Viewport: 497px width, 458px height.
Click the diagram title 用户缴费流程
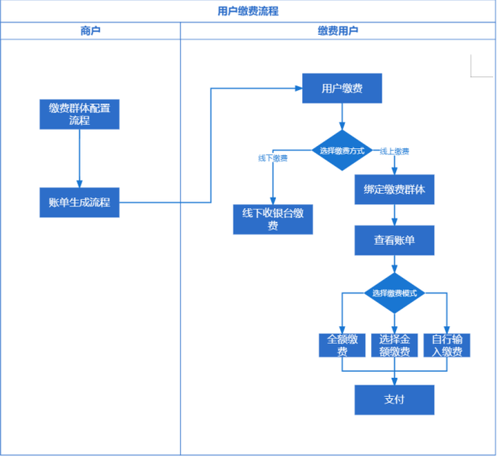pyautogui.click(x=248, y=11)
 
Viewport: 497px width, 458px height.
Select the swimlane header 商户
pyautogui.click(x=90, y=31)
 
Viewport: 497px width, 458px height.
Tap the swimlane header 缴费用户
pyautogui.click(x=338, y=31)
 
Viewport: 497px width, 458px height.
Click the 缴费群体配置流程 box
pyautogui.click(x=79, y=114)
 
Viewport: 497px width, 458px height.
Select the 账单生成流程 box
pyautogui.click(x=79, y=203)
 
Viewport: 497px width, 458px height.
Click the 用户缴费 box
pyautogui.click(x=342, y=88)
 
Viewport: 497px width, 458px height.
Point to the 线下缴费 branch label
pyautogui.click(x=273, y=158)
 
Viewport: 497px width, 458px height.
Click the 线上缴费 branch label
pyautogui.click(x=394, y=151)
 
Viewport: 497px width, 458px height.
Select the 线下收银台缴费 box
pyautogui.click(x=273, y=219)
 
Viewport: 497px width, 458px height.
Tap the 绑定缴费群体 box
pyautogui.click(x=394, y=189)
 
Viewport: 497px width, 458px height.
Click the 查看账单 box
pyautogui.click(x=394, y=241)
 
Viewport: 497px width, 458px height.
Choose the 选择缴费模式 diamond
pyautogui.click(x=394, y=293)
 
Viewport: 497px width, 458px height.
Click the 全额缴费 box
pyautogui.click(x=342, y=345)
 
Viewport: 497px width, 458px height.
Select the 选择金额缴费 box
pyautogui.click(x=394, y=345)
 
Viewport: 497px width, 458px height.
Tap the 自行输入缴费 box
pyautogui.click(x=447, y=345)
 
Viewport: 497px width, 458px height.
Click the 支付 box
pyautogui.click(x=394, y=400)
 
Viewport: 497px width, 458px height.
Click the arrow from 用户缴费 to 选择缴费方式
pyautogui.click(x=342, y=116)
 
